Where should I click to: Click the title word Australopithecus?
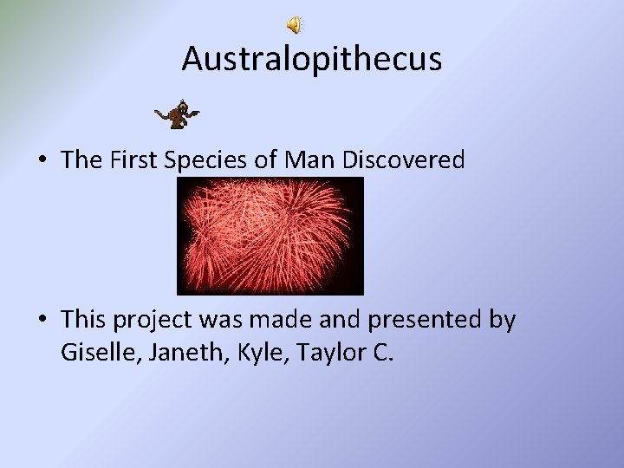pos(312,60)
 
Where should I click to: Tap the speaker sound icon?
pos(296,25)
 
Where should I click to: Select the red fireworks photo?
pos(270,237)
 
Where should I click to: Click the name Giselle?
pos(96,354)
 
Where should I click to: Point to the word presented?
pos(416,321)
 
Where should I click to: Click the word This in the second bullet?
pos(81,321)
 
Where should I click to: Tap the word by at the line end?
pos(503,321)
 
